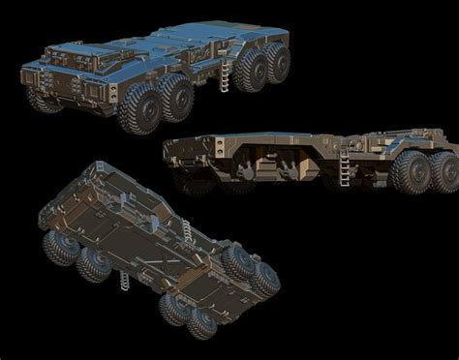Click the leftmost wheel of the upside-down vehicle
click(x=60, y=246)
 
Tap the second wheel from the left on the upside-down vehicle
click(x=94, y=263)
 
